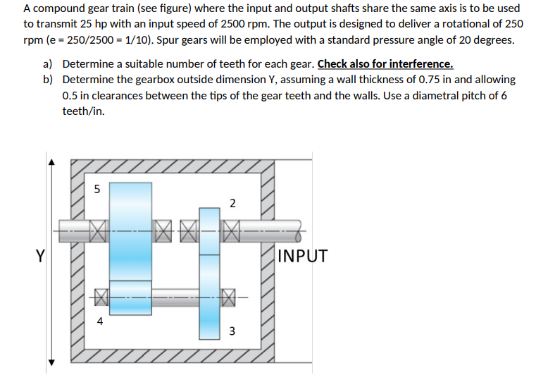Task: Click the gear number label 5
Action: point(97,189)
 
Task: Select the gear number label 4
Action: point(99,321)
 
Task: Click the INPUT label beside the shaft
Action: point(303,256)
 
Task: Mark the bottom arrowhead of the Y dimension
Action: point(50,362)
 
